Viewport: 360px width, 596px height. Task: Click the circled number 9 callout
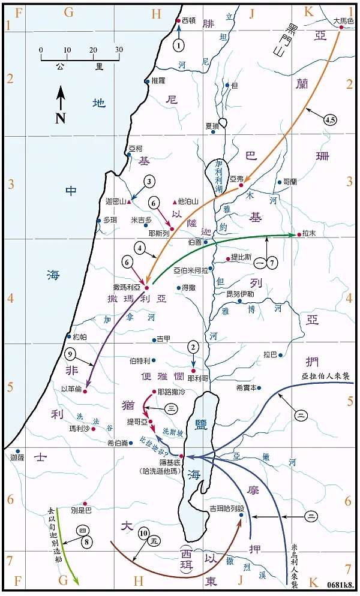click(x=71, y=353)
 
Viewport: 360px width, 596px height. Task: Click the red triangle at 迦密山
click(x=128, y=202)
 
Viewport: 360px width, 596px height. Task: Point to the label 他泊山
click(x=188, y=202)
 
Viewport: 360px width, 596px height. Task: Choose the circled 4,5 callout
click(x=329, y=120)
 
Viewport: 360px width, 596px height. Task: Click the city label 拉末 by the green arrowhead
click(x=310, y=234)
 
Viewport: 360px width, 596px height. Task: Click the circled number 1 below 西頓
click(x=178, y=44)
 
